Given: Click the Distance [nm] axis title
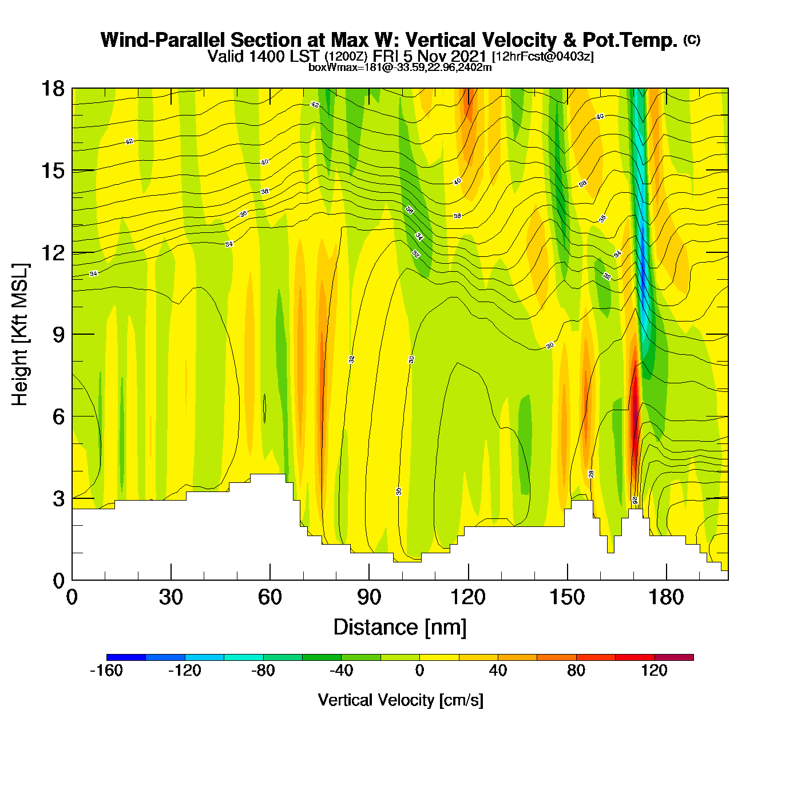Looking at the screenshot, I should pos(400,628).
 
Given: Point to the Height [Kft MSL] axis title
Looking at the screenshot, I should pos(20,335).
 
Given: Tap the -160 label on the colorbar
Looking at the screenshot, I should pos(106,671).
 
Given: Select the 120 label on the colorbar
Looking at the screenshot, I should pos(654,671).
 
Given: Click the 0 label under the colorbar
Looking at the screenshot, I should pos(419,671).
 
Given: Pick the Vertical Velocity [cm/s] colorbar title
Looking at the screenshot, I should pos(400,700).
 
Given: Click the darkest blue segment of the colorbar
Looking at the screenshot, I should pos(126,657).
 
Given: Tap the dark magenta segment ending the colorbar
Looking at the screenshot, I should pos(674,657).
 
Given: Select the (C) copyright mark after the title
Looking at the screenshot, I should pos(692,39).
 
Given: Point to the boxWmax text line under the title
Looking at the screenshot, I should pos(400,68).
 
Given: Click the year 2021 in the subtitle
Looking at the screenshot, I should pos(469,56).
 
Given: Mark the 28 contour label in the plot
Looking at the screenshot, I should pos(591,474).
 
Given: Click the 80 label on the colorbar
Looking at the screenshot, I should pos(576,671).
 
